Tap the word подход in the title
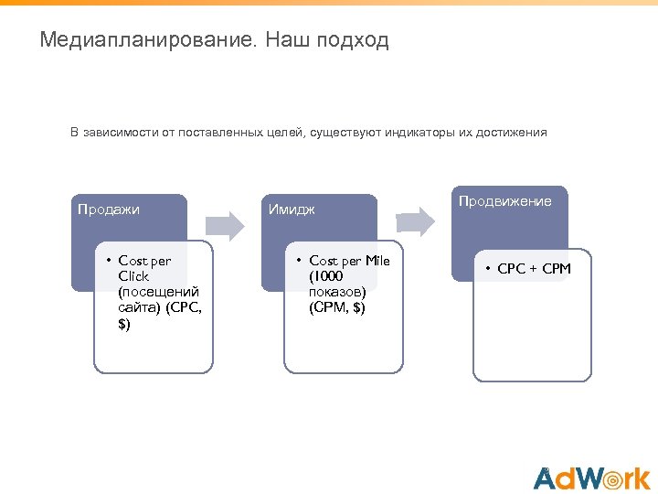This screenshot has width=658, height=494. tap(352, 41)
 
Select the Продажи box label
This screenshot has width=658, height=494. tap(109, 209)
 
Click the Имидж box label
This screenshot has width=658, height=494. tap(292, 209)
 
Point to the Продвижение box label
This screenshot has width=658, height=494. tap(505, 201)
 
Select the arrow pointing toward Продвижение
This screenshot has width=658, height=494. tap(416, 220)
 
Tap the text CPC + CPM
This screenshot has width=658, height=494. tap(534, 269)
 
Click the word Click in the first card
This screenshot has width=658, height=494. tap(133, 276)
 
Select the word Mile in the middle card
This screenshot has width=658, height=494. tap(377, 261)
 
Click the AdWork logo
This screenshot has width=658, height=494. tap(591, 478)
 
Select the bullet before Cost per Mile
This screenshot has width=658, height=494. tap(300, 262)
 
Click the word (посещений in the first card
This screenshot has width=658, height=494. tap(158, 292)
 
